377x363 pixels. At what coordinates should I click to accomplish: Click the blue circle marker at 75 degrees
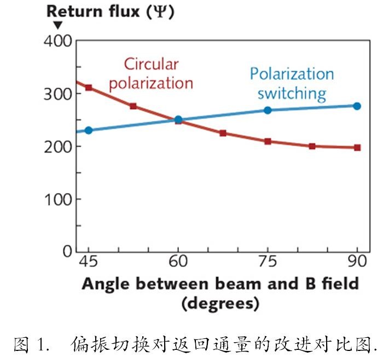point(268,110)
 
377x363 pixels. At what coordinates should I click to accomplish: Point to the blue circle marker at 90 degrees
point(357,106)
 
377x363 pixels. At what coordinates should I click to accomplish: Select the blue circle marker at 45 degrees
point(88,130)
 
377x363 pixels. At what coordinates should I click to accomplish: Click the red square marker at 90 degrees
point(357,147)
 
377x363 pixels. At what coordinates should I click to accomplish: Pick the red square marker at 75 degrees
point(268,141)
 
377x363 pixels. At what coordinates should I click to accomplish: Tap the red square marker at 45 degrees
point(88,88)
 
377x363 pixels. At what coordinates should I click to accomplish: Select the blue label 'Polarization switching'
point(291,83)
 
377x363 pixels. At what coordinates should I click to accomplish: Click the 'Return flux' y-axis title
point(109,11)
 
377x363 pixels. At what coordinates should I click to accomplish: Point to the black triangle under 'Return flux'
point(57,25)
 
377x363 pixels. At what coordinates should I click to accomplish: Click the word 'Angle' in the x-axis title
point(106,284)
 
